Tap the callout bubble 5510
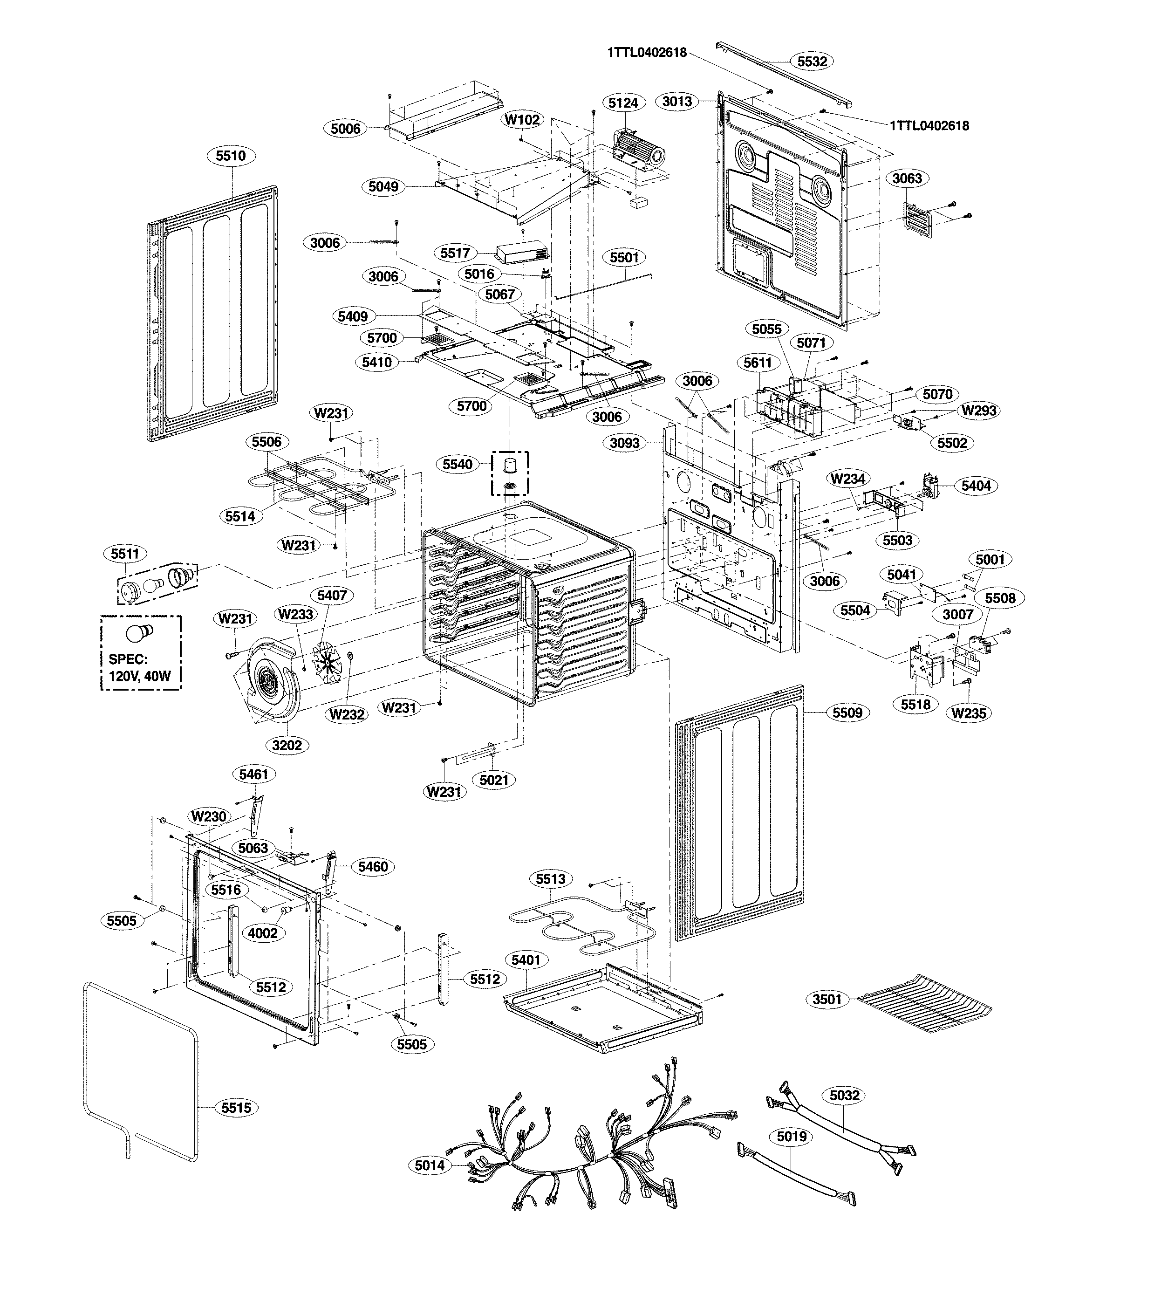point(231,156)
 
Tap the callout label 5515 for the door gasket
point(236,1108)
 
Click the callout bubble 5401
point(525,960)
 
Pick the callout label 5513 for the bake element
point(550,879)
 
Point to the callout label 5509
point(847,713)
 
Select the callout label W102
point(522,119)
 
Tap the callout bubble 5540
point(458,464)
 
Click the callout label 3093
point(625,443)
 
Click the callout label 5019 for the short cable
point(792,1136)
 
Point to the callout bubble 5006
point(345,129)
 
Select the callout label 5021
point(494,780)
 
